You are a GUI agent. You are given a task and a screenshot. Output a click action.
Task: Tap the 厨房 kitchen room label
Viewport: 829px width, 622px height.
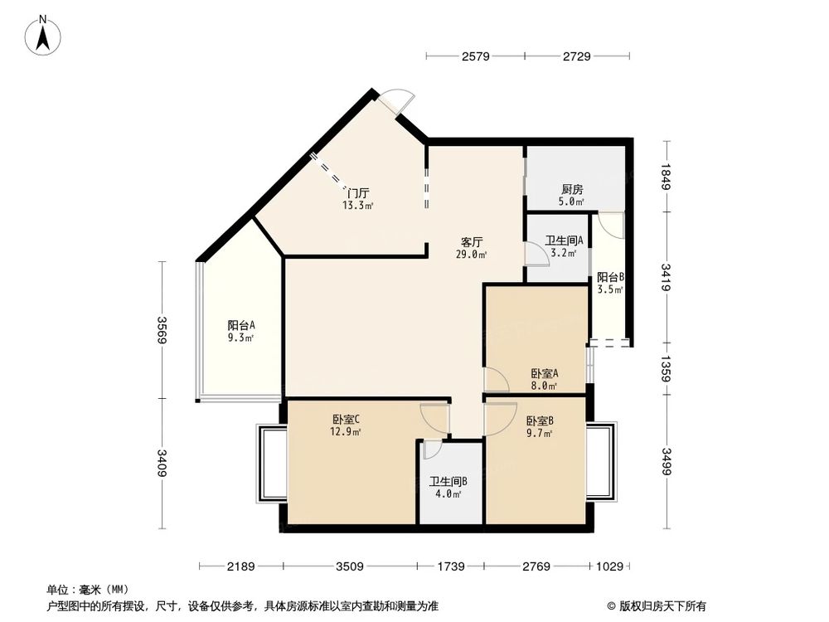(x=568, y=188)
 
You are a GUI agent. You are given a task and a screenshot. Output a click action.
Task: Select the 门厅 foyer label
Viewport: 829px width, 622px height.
(x=359, y=192)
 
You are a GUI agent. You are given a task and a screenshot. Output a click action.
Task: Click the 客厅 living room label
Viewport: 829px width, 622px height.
(x=473, y=242)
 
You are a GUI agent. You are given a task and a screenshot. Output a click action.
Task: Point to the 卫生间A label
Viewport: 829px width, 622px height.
(x=564, y=241)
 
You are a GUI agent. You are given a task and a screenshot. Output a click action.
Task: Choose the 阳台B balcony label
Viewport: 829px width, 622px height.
(x=610, y=277)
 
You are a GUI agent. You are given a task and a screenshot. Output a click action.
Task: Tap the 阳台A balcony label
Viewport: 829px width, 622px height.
(x=241, y=325)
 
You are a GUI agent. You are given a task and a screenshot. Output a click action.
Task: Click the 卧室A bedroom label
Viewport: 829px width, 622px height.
(x=544, y=372)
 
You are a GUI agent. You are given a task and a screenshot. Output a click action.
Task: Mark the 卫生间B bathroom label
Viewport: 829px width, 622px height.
(x=448, y=481)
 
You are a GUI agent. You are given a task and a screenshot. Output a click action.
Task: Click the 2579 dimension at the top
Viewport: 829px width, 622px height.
(x=476, y=56)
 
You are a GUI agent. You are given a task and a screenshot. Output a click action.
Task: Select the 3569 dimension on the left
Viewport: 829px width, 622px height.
(x=163, y=330)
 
